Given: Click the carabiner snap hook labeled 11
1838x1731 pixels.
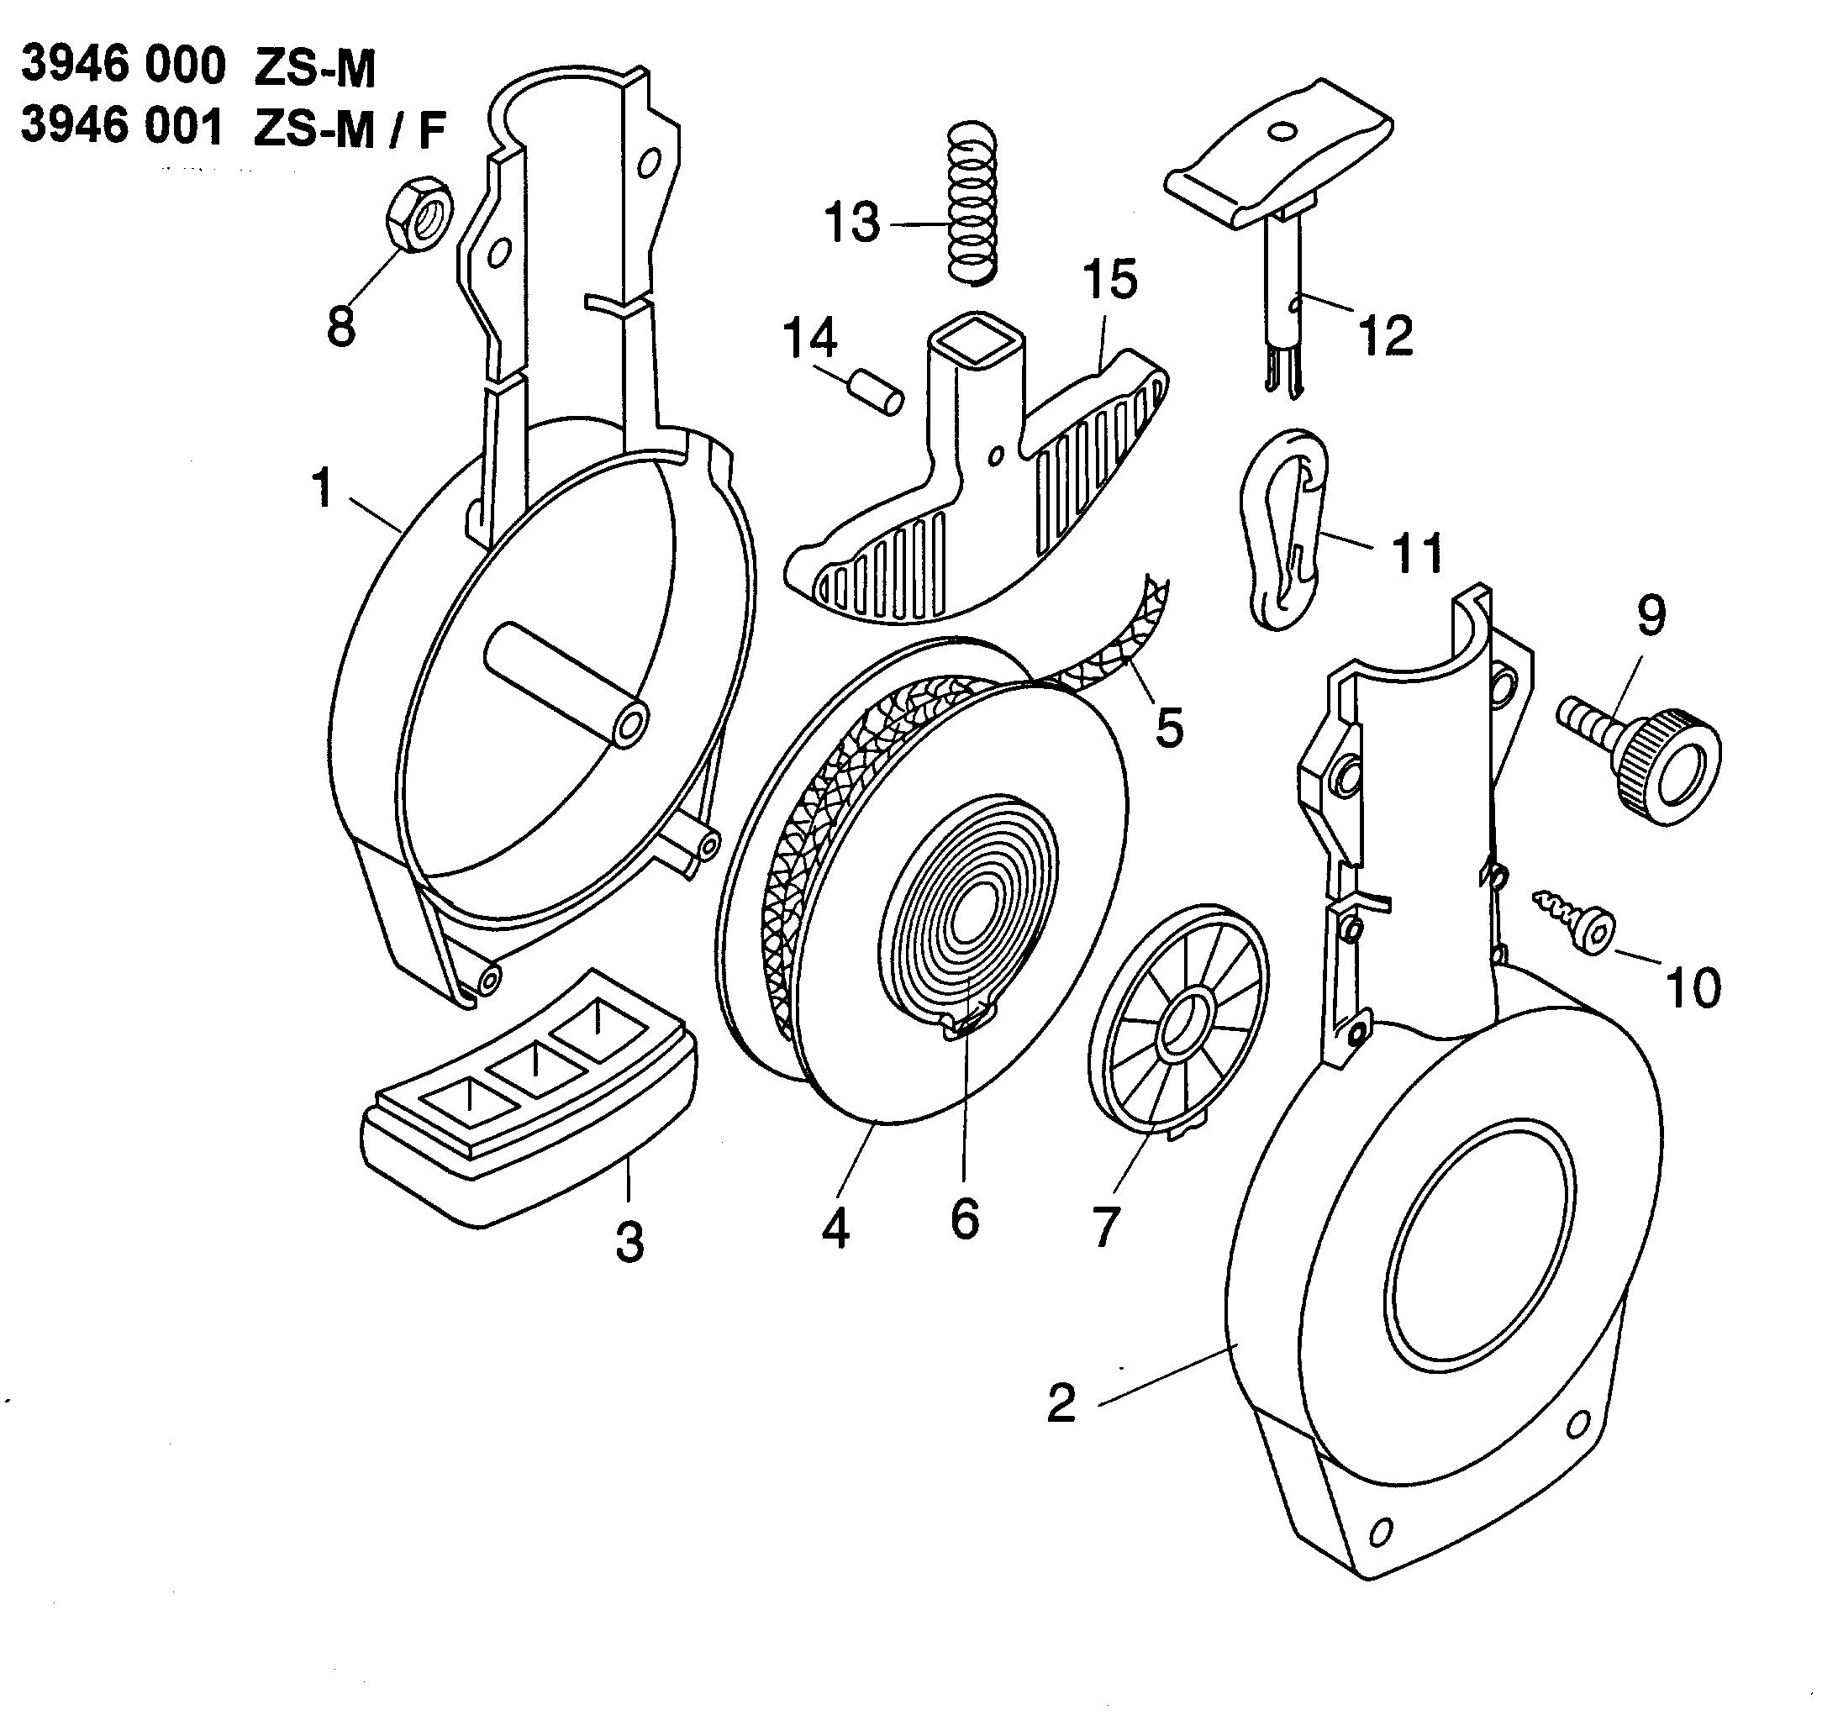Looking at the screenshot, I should click(x=1285, y=529).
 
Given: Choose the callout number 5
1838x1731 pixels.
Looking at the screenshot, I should click(x=1170, y=728).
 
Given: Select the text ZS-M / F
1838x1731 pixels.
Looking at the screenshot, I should click(x=349, y=129).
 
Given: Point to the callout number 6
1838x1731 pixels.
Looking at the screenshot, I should click(x=964, y=1220).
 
